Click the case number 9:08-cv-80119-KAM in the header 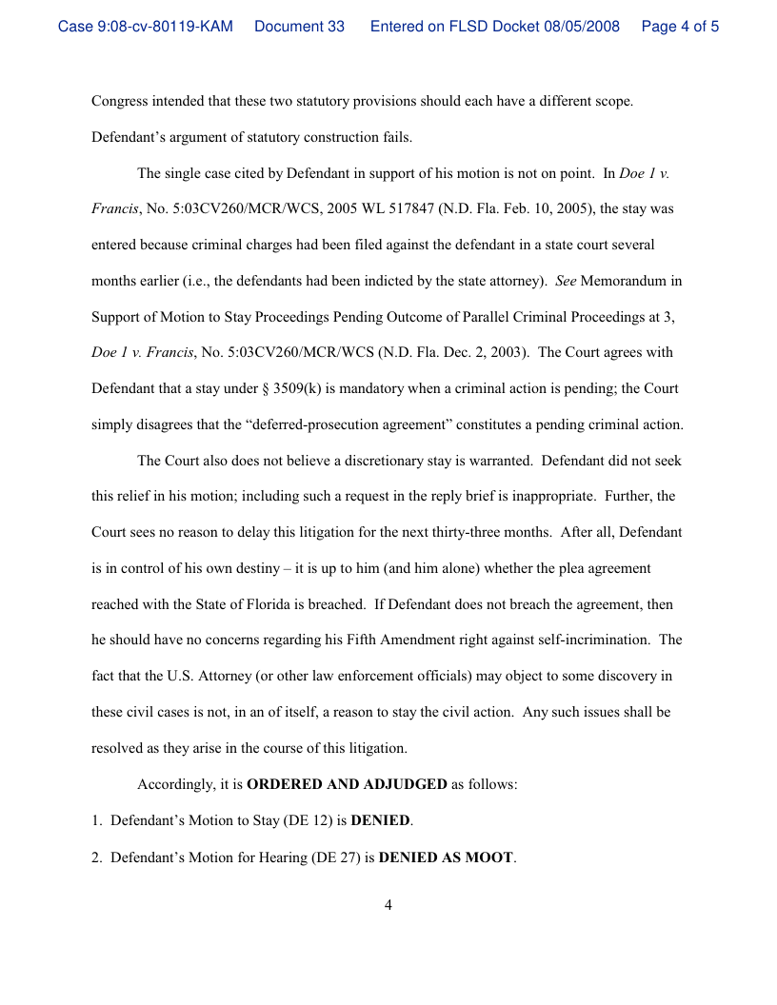[x=145, y=27]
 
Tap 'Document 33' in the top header [x=299, y=27]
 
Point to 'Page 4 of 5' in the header [x=680, y=27]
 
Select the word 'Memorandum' [x=630, y=281]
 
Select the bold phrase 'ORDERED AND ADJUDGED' [x=347, y=785]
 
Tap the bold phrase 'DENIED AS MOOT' [x=446, y=857]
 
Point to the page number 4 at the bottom [x=388, y=905]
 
